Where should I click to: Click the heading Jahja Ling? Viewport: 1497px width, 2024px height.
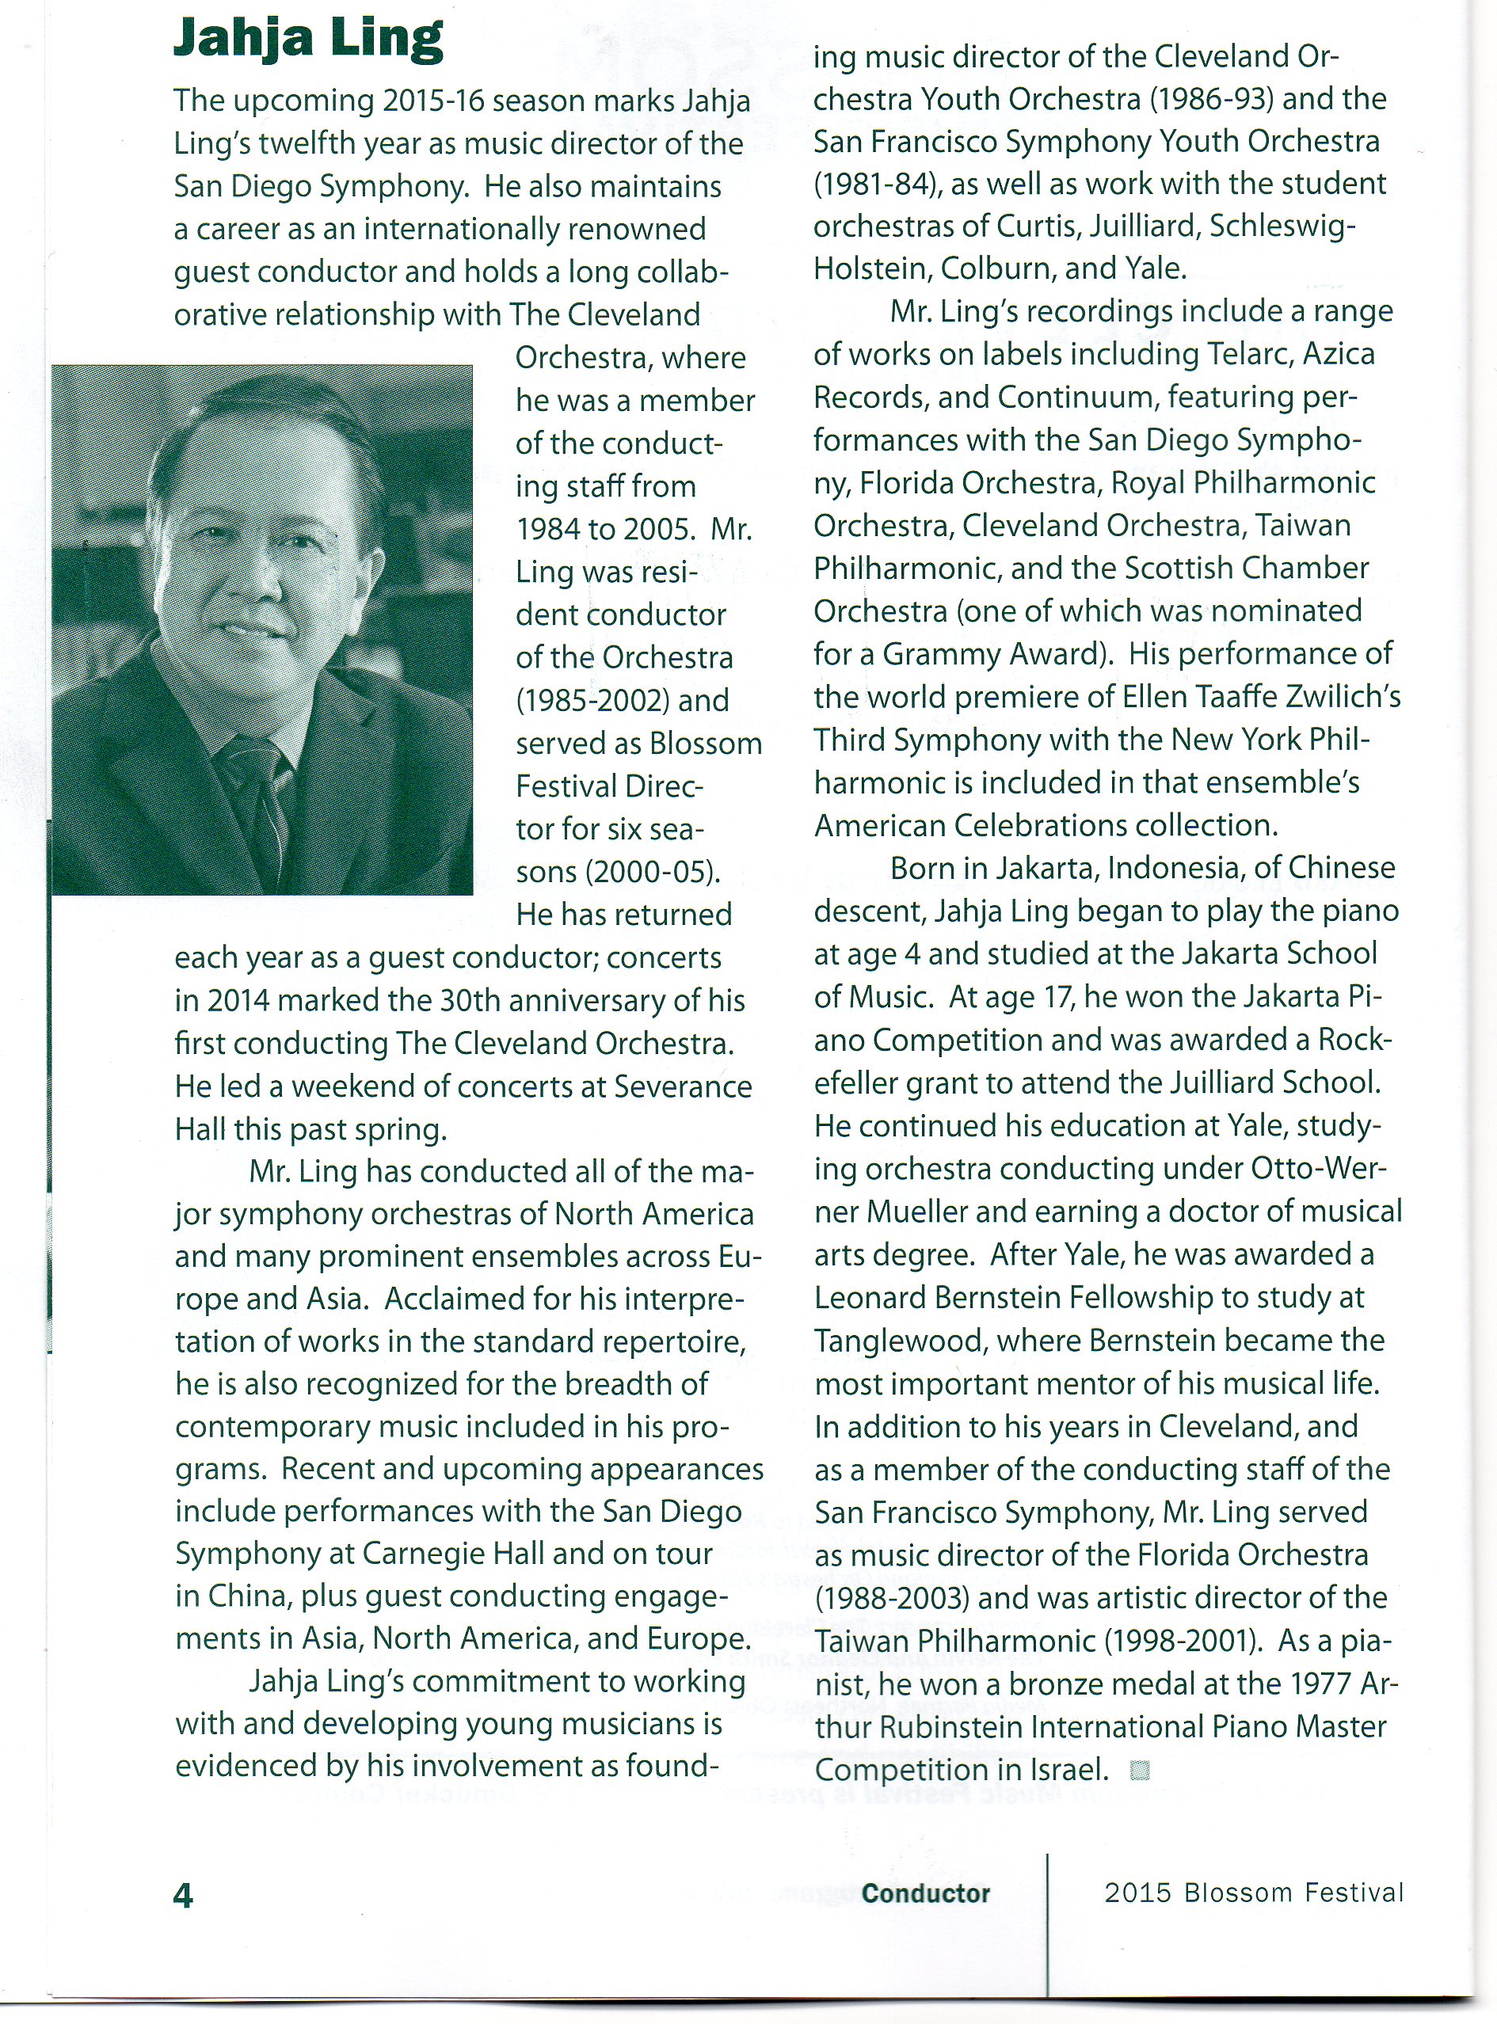308,40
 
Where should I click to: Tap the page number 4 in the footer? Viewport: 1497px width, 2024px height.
183,1894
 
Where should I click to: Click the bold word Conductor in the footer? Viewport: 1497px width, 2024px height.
925,1893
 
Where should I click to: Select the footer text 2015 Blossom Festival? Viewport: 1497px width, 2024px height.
1253,1892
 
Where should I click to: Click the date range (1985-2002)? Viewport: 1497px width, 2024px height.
623,700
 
